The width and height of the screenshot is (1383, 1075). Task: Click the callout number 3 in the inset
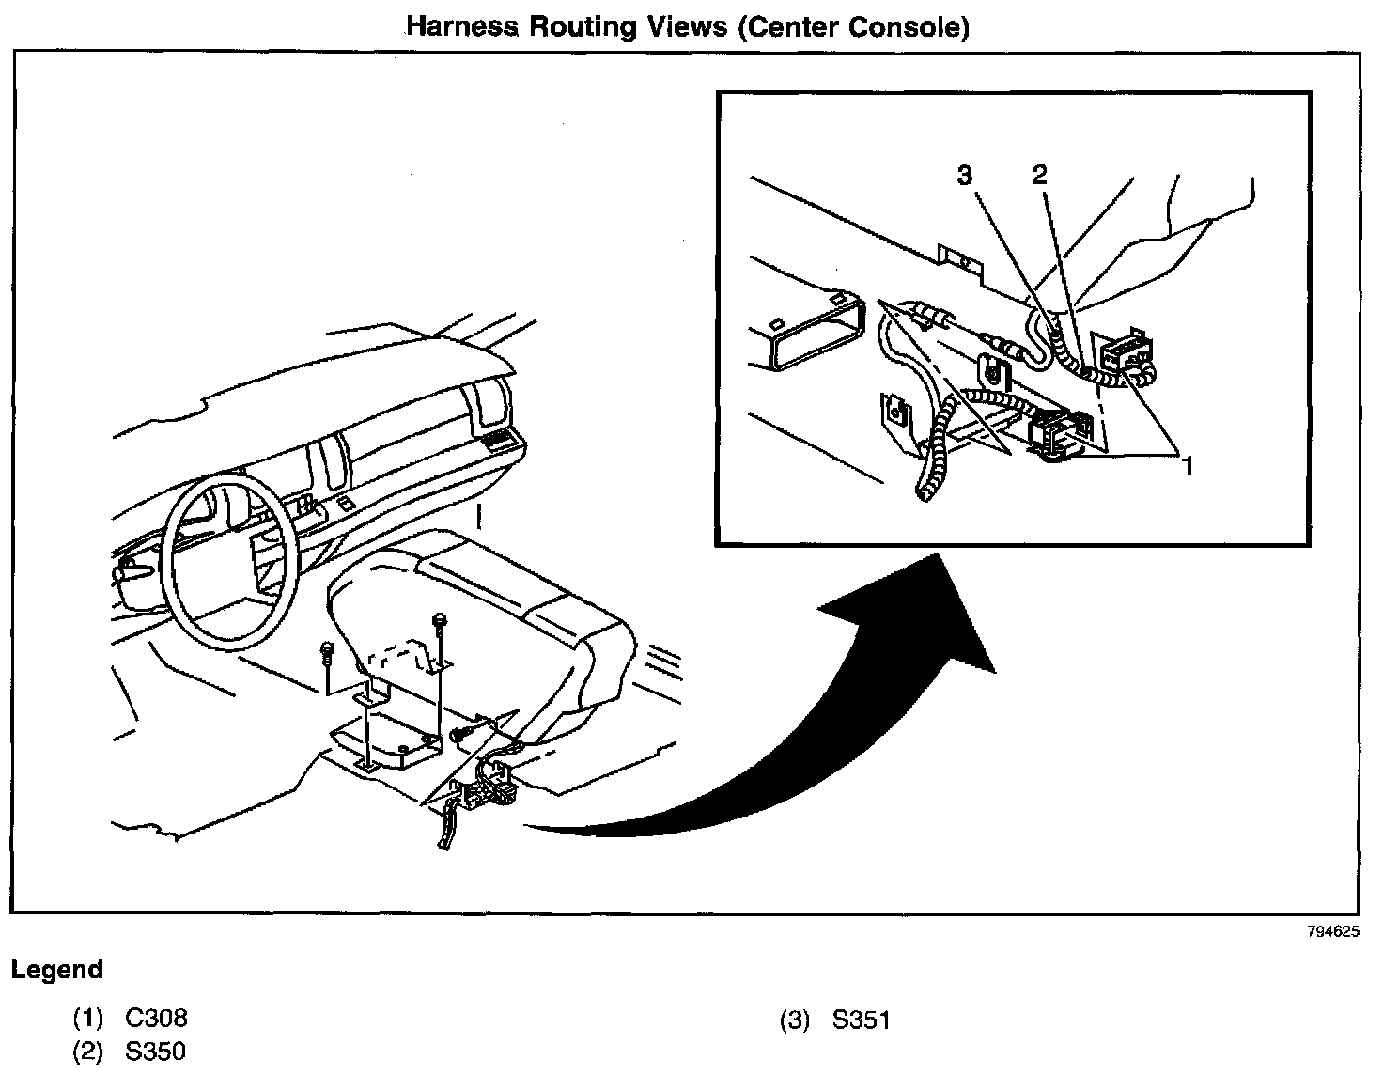pyautogui.click(x=965, y=175)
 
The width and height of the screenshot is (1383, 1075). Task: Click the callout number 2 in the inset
pyautogui.click(x=1039, y=175)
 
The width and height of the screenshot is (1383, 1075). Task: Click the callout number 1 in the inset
pyautogui.click(x=1188, y=464)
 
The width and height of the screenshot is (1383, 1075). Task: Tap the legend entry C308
pyautogui.click(x=156, y=1018)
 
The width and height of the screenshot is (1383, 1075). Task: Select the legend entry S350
pyautogui.click(x=156, y=1052)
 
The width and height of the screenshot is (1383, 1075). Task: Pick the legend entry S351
pyautogui.click(x=862, y=1020)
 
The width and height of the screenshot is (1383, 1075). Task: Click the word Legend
pyautogui.click(x=57, y=970)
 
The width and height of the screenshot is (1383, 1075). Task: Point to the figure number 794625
pyautogui.click(x=1333, y=932)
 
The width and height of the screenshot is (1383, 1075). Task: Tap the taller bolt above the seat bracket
pyautogui.click(x=439, y=625)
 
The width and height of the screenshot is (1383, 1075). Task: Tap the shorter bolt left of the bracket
pyautogui.click(x=328, y=650)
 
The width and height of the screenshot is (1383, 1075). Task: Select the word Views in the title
pyautogui.click(x=686, y=26)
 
